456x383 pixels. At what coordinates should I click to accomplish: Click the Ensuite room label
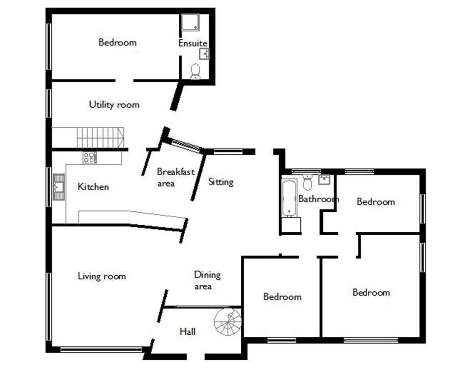193,43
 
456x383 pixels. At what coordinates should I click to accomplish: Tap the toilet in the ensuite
195,72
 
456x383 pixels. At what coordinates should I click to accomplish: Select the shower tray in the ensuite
190,22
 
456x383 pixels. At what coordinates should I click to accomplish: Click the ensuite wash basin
204,54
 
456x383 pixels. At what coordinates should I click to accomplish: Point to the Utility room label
114,105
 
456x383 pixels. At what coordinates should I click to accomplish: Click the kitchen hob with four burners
89,157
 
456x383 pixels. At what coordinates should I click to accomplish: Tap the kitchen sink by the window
58,187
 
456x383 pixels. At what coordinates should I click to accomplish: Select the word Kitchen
93,187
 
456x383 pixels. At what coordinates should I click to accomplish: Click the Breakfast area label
176,177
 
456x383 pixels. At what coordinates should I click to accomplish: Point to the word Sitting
221,182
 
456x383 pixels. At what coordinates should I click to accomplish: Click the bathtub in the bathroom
289,198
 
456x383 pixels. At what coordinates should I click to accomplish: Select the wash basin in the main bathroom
324,179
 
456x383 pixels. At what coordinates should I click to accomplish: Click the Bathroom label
318,199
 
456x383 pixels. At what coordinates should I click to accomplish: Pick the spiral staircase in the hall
228,322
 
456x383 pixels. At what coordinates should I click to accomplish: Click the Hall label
187,331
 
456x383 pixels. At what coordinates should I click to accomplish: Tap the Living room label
102,276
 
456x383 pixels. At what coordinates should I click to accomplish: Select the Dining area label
207,280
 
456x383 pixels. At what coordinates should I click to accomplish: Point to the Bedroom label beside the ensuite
118,42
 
